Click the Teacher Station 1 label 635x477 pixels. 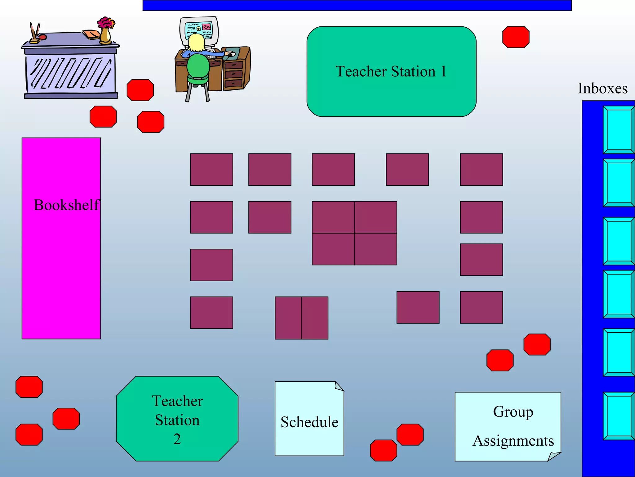[391, 71]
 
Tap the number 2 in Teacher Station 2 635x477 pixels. [177, 439]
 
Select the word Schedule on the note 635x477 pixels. [309, 422]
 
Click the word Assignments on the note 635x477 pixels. [513, 441]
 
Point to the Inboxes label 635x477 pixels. [602, 89]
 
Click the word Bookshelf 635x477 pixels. [66, 205]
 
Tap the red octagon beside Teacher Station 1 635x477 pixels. [516, 37]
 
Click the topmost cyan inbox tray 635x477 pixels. [618, 129]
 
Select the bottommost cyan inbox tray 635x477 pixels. [618, 416]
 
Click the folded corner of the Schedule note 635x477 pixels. [339, 386]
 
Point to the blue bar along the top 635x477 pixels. [357, 5]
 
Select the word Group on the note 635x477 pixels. [513, 412]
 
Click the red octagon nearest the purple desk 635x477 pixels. [140, 90]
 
